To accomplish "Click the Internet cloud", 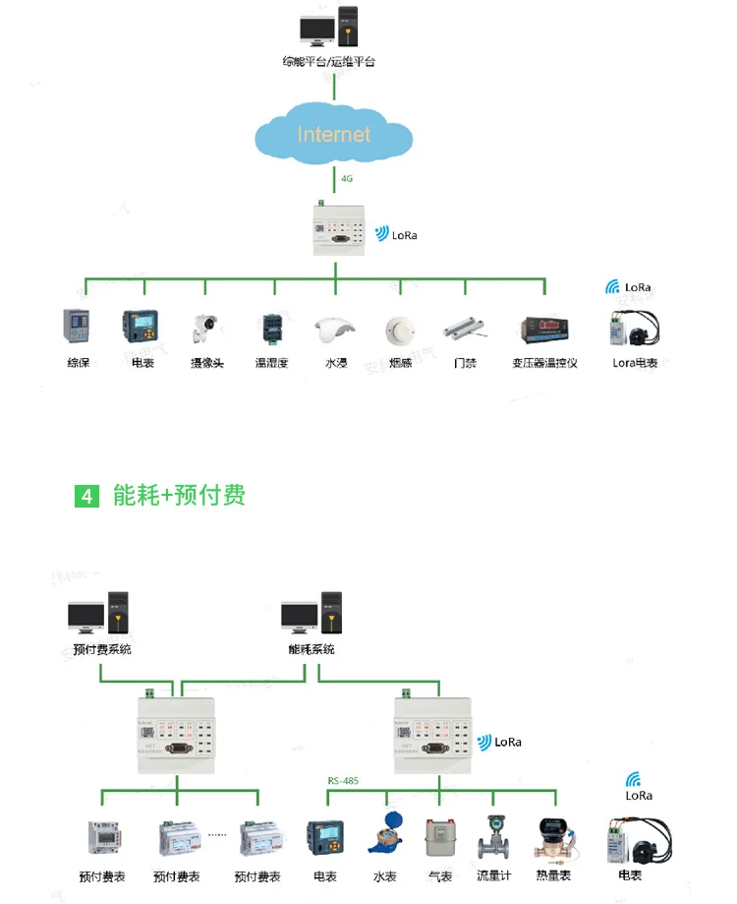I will (334, 135).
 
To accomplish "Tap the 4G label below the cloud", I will (347, 179).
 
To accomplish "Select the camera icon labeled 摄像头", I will (206, 328).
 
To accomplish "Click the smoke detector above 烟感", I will (398, 329).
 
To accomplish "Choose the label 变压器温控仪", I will (544, 363).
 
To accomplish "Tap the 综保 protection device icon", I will (78, 327).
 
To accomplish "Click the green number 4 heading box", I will (87, 495).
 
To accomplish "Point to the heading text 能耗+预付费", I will (179, 495).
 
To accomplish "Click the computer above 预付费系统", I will (99, 614).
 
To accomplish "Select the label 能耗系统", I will (312, 649).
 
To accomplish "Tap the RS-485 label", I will (343, 782).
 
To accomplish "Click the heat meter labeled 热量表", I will (552, 837).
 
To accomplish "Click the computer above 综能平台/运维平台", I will (330, 30).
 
